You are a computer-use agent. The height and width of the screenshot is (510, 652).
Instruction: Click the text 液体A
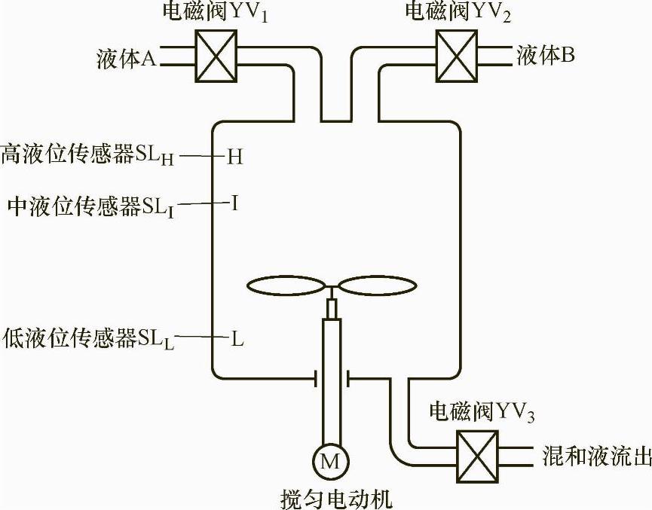coord(126,58)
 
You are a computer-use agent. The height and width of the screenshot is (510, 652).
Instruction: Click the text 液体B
coord(546,56)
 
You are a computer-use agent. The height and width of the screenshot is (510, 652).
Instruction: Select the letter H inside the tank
coord(235,157)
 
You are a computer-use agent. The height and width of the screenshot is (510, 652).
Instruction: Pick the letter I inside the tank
coord(235,203)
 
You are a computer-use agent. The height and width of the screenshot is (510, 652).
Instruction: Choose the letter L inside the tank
coord(237,339)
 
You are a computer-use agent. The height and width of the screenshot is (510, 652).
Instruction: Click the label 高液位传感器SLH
coord(90,155)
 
